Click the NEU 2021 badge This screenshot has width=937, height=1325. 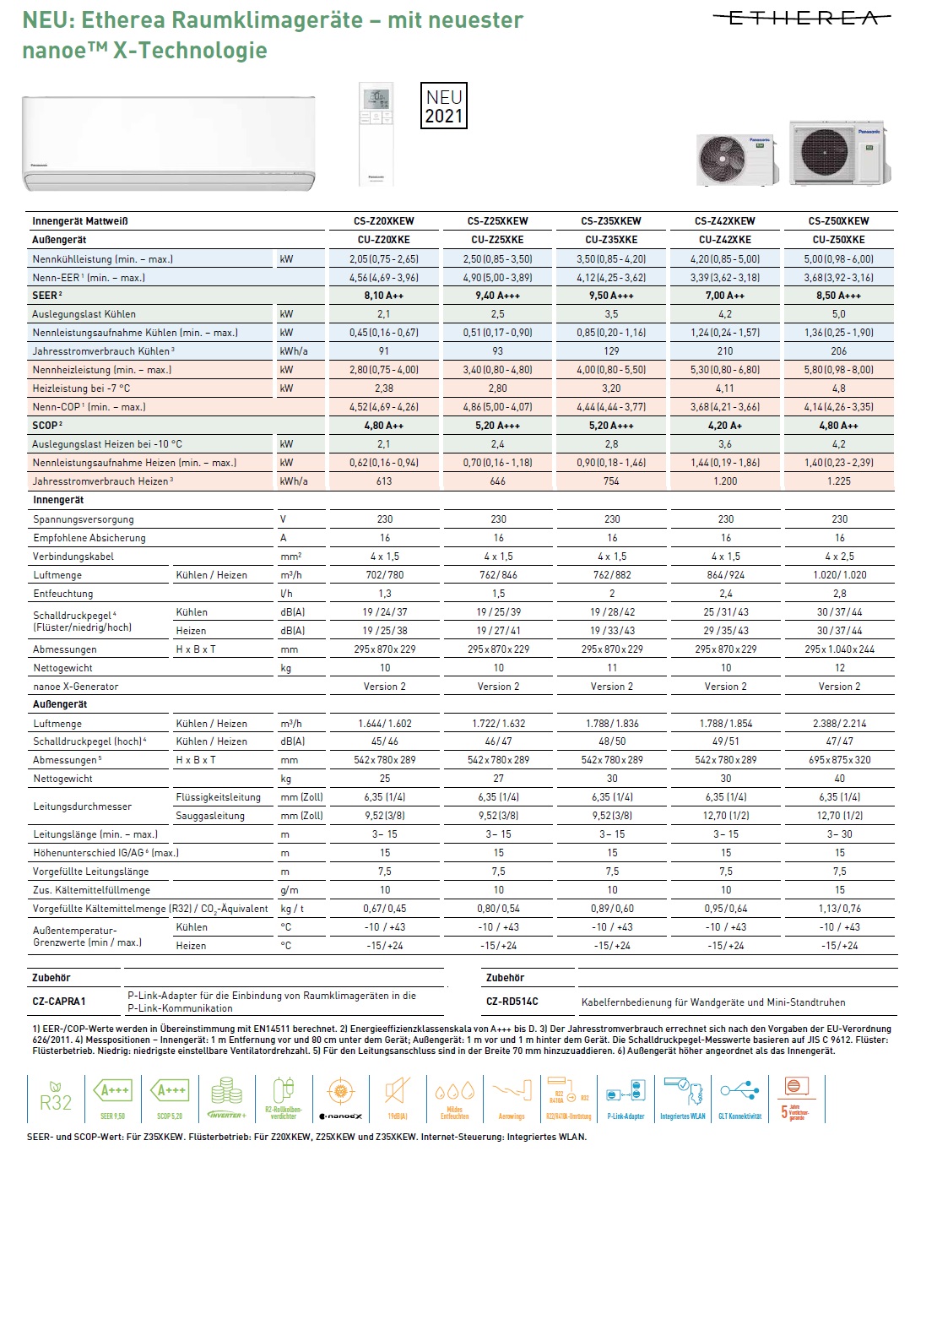coord(443,106)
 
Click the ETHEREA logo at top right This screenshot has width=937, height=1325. coord(802,18)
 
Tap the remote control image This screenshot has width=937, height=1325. coord(376,133)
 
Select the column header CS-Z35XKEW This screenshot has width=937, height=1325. coord(611,221)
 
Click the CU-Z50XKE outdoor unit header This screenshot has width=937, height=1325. coord(838,240)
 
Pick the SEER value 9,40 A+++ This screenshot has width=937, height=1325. coord(497,296)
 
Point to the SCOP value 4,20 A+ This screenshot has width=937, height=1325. coord(725,426)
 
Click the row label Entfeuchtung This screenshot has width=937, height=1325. coord(63,594)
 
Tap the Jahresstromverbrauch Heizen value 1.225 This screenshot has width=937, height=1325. coord(839,481)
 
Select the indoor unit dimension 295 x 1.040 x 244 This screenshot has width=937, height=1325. coord(839,649)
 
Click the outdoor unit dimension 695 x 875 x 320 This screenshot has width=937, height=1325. coord(839,760)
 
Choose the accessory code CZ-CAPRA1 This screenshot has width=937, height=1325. coord(59,1002)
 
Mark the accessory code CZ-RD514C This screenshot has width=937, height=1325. coord(512,1002)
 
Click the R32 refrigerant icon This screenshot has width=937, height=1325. coord(56,1099)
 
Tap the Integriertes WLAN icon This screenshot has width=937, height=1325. coord(683,1098)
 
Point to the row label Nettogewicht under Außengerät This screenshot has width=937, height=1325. coord(63,779)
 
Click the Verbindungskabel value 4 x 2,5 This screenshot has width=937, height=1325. coord(839,557)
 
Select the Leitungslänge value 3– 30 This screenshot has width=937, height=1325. coord(839,834)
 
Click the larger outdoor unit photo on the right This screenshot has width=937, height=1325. coord(840,152)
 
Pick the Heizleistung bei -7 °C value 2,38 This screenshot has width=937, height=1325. coord(384,388)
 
